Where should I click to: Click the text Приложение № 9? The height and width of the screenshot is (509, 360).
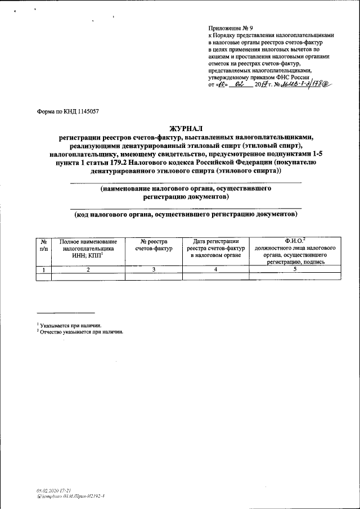click(x=231, y=28)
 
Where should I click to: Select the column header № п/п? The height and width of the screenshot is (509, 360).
click(x=43, y=244)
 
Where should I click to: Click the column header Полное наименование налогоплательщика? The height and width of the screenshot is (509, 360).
click(x=88, y=247)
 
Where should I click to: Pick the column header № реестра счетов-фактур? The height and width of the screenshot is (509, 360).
click(x=153, y=244)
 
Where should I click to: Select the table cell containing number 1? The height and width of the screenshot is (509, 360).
click(x=43, y=269)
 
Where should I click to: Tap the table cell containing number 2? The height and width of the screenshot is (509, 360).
click(x=88, y=269)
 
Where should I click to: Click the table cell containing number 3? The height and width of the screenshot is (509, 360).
click(x=153, y=269)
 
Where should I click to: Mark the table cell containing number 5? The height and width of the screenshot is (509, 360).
click(x=295, y=269)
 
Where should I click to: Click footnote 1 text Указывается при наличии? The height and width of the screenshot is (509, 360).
click(x=71, y=325)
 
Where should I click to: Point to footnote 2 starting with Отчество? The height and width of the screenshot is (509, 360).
click(x=81, y=331)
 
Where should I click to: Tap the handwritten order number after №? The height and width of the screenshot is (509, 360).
click(x=307, y=84)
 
